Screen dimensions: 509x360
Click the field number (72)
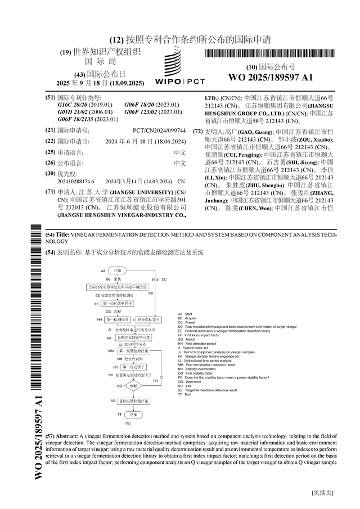(197, 132)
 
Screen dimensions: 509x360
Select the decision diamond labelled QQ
(133, 386)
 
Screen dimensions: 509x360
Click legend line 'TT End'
(188, 394)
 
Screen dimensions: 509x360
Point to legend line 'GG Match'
(190, 339)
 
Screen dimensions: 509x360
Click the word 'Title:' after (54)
(62, 234)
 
